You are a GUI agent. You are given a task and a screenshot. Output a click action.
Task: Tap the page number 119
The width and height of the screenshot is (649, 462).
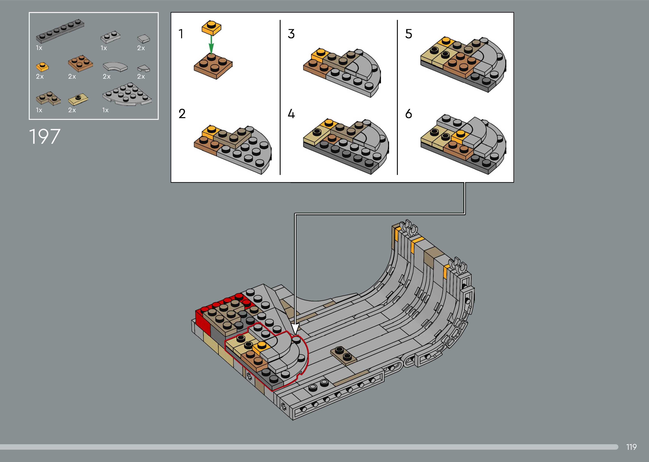coord(631,447)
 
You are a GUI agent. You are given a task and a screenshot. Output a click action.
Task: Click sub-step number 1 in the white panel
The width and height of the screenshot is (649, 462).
coord(181,34)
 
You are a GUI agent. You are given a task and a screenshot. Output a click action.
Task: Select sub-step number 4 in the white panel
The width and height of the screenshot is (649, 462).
coord(291,114)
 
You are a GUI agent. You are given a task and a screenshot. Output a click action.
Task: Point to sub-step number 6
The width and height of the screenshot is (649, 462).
coord(409,114)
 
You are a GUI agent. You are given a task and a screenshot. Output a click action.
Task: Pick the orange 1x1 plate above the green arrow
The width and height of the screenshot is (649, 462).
coord(211,27)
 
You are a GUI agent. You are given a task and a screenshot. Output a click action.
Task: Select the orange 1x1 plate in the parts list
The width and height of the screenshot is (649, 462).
coord(42,67)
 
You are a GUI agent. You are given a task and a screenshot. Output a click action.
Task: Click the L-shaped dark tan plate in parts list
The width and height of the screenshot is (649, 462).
coord(48,98)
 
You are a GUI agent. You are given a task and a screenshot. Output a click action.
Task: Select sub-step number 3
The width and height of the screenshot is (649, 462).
coord(291,34)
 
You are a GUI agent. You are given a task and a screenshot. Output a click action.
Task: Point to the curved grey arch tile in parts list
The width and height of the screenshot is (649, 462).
coord(115,67)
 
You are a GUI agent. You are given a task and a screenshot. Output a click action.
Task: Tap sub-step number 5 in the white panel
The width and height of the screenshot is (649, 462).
coord(409,34)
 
